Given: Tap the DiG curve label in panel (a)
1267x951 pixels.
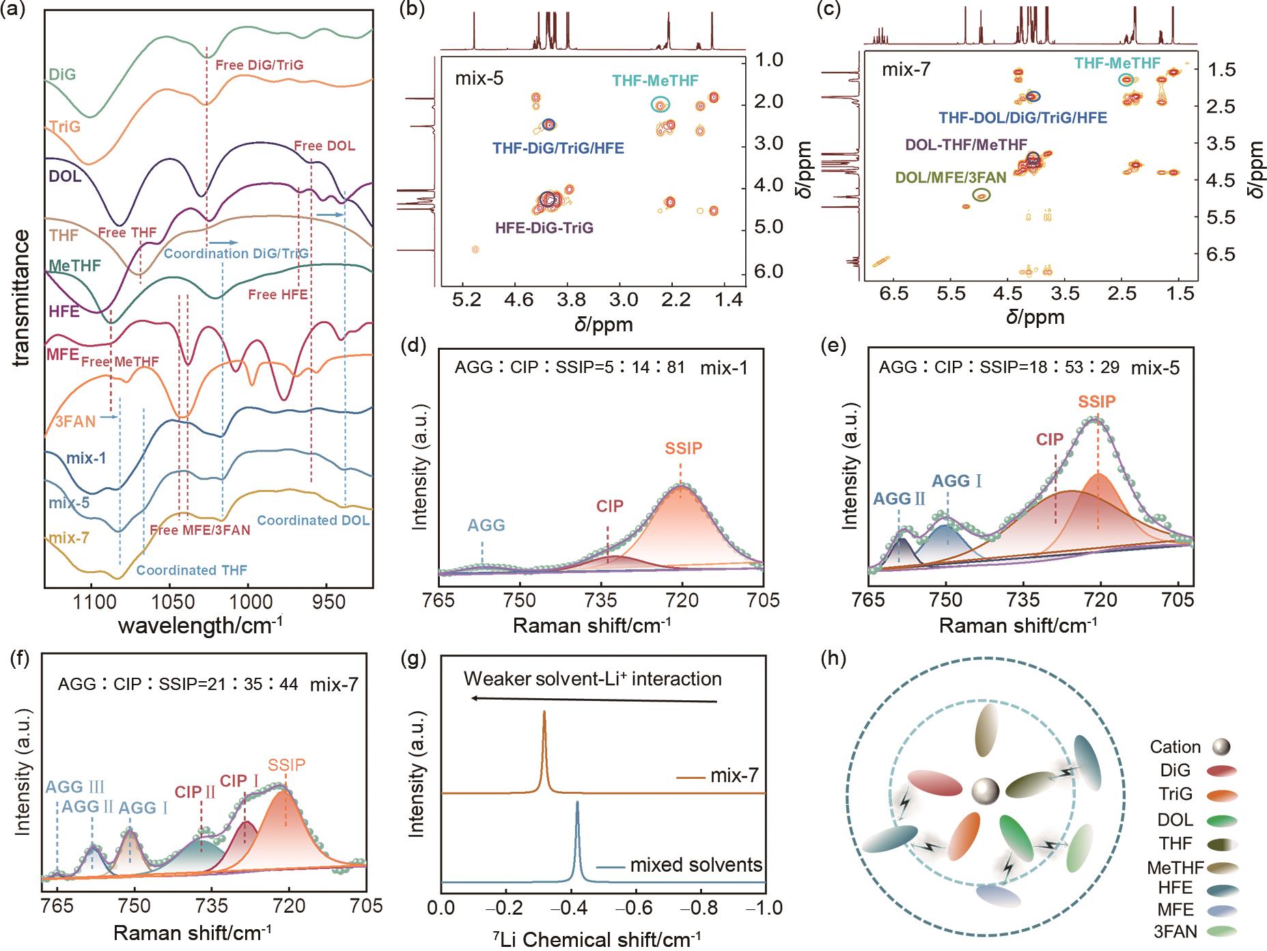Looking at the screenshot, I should [x=62, y=74].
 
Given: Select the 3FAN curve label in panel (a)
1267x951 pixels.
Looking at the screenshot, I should [x=75, y=422].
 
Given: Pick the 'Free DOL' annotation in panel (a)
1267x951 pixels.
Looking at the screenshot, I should [x=324, y=146].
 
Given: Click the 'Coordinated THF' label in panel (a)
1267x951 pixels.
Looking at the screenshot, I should [x=192, y=570].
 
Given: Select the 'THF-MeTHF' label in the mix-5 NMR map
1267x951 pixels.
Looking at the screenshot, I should [x=655, y=81].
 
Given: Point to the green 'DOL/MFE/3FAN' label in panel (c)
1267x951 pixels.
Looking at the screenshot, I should [x=951, y=178].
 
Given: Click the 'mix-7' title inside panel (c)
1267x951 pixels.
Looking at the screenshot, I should [x=906, y=70].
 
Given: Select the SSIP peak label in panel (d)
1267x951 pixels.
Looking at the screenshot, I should [x=683, y=448].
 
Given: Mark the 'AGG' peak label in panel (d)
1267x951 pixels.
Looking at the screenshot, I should [x=486, y=525].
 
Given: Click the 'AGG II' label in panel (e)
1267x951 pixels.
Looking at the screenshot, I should [x=900, y=498].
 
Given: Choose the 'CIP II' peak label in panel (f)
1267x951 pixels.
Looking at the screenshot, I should [x=195, y=792].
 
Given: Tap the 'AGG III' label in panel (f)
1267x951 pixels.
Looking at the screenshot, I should [x=74, y=787].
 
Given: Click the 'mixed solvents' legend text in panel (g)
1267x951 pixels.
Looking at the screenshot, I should [x=695, y=865].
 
